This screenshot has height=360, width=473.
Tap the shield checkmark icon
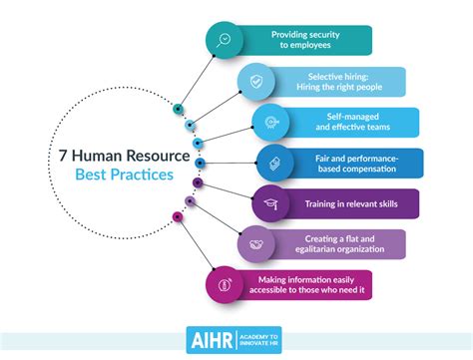[x=256, y=82]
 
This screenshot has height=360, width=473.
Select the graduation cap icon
[x=269, y=204]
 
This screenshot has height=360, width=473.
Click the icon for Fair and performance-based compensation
[x=274, y=163]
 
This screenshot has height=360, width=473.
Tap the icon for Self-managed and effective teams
[x=269, y=122]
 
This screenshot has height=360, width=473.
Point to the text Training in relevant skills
[x=350, y=204]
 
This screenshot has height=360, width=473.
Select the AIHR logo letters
[x=210, y=339]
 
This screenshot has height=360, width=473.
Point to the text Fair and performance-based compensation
[x=354, y=163]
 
